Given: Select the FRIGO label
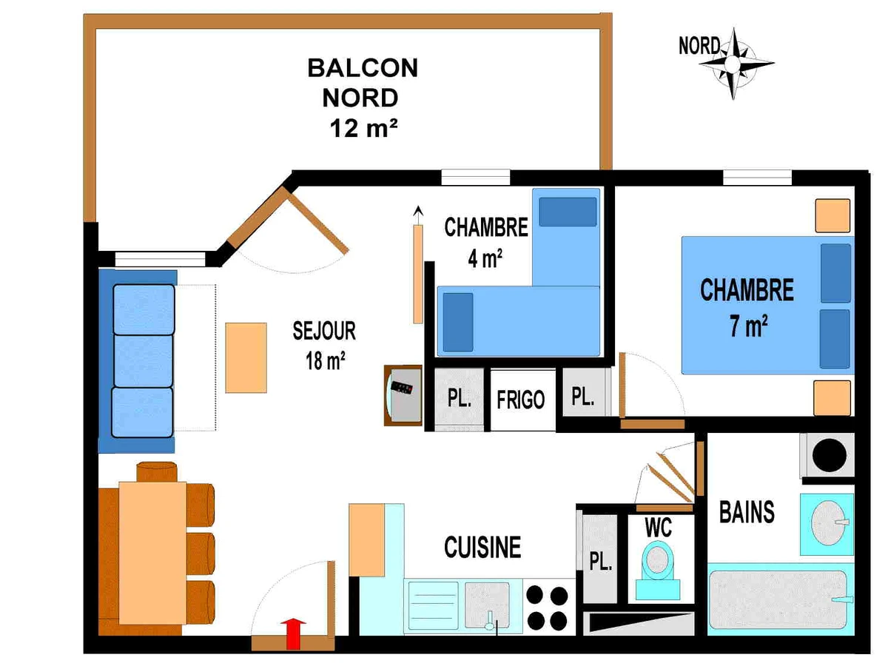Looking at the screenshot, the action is tap(521, 400).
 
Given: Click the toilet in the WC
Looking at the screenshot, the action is tap(657, 571).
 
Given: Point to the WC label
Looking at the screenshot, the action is tap(658, 527).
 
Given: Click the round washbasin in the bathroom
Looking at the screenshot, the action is tap(828, 523).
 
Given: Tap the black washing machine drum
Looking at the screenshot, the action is tap(829, 455).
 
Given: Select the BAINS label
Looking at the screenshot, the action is tap(747, 512).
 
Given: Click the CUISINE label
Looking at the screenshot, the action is tap(482, 547).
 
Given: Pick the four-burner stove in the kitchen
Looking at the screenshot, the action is tap(548, 607).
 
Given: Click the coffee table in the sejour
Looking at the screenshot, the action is tap(246, 357).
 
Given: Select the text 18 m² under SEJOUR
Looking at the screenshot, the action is tap(326, 361).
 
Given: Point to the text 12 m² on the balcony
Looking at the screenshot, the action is tap(363, 128).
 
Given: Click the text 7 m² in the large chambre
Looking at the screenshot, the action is tap(748, 326).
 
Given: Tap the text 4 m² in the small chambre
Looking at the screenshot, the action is tap(485, 258).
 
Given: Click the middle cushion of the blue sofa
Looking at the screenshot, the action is tap(144, 361).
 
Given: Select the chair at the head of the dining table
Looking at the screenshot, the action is tap(157, 472).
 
